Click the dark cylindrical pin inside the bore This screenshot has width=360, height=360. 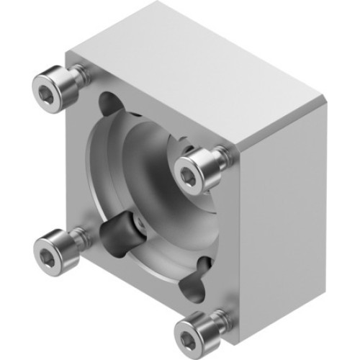coord(117,231)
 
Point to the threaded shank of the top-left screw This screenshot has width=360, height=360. coord(80,73)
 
